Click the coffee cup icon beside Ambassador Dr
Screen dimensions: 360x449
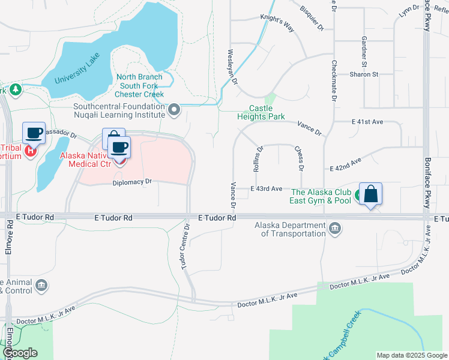34,133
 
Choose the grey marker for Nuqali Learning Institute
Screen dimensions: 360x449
175,110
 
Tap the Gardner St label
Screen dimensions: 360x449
364,52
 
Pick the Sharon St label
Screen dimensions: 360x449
364,74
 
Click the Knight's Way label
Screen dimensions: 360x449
277,26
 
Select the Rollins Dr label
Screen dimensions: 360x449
258,159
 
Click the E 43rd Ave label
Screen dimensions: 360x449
266,189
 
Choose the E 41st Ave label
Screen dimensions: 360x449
367,122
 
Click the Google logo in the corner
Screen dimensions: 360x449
20,353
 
